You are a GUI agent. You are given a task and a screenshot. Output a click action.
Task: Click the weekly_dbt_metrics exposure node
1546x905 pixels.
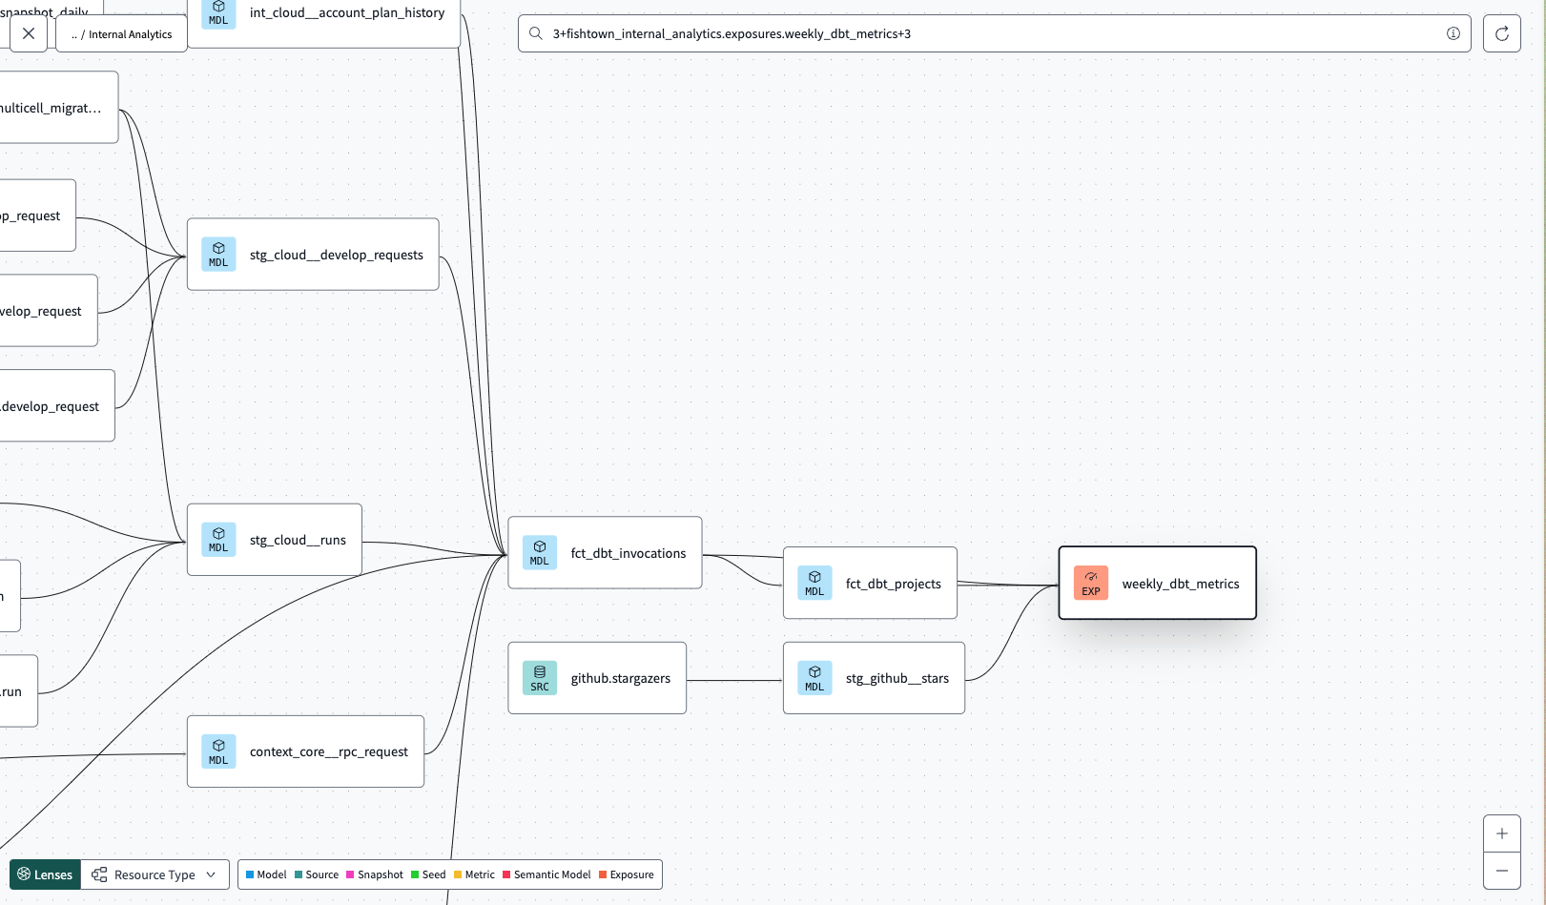1157,583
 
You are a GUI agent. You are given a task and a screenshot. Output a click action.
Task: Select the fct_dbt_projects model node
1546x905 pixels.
870,583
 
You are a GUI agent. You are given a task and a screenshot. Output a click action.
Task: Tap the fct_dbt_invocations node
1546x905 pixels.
605,553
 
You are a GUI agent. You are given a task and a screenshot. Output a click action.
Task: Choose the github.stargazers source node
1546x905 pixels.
597,678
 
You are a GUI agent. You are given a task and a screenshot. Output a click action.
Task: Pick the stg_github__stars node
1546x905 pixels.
874,678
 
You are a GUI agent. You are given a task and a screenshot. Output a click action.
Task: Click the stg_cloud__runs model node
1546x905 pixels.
275,540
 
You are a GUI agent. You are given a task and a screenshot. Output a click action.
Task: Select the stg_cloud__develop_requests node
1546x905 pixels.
313,255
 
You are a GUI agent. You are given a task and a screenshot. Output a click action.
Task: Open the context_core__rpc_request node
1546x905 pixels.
305,751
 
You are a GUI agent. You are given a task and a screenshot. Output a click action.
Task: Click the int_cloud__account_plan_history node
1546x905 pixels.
324,13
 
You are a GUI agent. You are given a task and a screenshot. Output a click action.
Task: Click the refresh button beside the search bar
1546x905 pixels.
1501,33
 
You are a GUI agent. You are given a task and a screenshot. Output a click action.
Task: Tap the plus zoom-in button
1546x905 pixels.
1501,833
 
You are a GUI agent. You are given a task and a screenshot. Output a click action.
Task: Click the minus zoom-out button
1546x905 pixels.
1501,871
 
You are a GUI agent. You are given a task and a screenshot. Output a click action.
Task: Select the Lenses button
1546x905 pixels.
45,874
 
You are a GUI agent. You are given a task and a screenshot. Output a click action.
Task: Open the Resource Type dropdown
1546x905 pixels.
155,874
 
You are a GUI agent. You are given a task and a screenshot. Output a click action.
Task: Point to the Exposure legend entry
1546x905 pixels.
627,874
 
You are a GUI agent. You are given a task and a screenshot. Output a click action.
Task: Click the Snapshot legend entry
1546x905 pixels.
375,874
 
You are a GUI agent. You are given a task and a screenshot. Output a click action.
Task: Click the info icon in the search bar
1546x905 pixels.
1453,33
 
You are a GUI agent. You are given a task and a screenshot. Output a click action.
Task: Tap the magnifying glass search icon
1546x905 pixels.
536,33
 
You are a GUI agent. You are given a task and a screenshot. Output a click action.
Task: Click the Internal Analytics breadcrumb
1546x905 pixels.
122,34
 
